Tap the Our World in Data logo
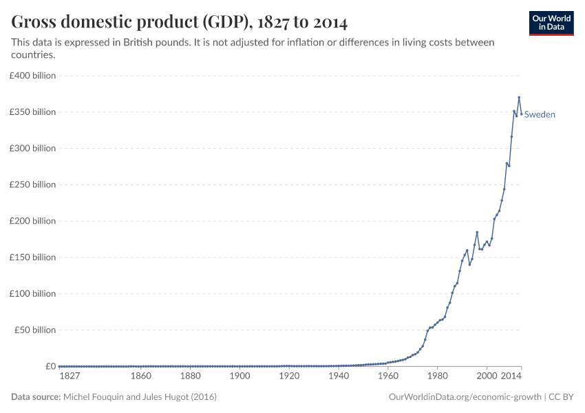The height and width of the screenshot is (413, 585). click(551, 23)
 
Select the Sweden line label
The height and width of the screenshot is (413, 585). click(540, 115)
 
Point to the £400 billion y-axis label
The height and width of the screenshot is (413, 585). click(32, 76)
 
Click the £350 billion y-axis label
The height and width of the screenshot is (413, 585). click(32, 112)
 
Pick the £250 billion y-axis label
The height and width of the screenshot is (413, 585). click(32, 184)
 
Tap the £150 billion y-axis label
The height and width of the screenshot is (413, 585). click(32, 257)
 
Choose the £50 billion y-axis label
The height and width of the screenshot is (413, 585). click(34, 330)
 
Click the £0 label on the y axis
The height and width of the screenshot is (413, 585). click(50, 366)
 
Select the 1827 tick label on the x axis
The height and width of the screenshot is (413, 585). click(69, 377)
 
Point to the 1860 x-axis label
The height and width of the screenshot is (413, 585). click(141, 377)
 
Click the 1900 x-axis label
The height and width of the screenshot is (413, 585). click(240, 377)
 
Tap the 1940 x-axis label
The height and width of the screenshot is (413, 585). click(339, 377)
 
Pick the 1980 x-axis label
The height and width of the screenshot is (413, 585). click(437, 377)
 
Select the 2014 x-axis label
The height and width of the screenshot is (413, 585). click(511, 377)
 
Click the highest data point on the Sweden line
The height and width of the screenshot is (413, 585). click(519, 98)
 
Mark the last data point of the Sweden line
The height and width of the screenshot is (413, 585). click(521, 114)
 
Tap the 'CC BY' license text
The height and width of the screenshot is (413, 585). click(562, 397)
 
